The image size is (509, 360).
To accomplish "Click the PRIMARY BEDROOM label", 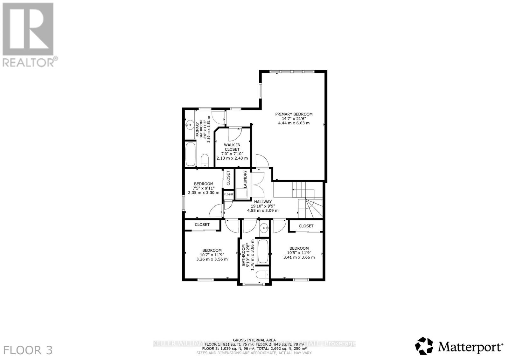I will coord(294,114).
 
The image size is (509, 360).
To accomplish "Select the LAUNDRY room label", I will coord(245,179).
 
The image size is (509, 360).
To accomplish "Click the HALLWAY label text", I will coord(263,202).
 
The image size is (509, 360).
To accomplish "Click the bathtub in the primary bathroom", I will coord(191,154).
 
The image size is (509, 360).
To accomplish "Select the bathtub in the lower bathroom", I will coord(263,251).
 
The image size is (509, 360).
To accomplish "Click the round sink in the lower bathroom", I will coord(264,228).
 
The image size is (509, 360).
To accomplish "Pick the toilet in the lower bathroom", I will coord(263,274).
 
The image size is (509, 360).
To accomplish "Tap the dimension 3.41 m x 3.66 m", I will coord(299,257).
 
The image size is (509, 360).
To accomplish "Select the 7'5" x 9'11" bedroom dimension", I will coord(204,188).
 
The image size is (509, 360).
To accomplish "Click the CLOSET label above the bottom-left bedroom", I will coord(202,225).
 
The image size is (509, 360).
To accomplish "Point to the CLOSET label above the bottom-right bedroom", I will coord(306,226).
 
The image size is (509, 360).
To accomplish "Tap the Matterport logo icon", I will coord(424,346).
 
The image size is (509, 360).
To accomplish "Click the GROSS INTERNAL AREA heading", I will coord(254,340).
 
